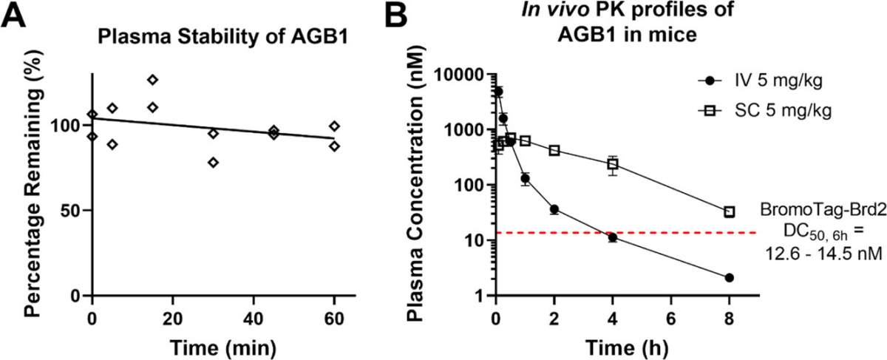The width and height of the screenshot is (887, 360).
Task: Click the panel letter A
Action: tap(13, 15)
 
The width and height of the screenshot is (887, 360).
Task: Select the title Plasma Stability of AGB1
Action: tap(223, 37)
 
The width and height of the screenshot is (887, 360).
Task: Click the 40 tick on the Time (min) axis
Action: tap(254, 319)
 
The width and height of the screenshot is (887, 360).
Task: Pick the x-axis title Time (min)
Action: tap(223, 347)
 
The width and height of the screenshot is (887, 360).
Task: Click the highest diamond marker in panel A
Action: tap(153, 80)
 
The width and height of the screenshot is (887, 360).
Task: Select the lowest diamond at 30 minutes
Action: tap(214, 163)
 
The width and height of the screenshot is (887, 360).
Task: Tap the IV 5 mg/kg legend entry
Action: tap(761, 81)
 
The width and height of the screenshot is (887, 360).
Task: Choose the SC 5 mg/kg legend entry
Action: tap(764, 111)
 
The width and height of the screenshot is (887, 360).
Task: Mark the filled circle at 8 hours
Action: tap(730, 278)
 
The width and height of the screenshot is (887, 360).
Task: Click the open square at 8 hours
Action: tap(730, 212)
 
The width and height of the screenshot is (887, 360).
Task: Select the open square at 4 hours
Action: tap(613, 164)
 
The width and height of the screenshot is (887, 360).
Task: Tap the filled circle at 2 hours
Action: tap(554, 209)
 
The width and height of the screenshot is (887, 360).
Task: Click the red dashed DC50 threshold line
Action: tap(626, 232)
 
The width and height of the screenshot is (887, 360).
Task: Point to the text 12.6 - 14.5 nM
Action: tap(823, 254)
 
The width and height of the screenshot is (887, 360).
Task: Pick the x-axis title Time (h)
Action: tap(627, 347)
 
